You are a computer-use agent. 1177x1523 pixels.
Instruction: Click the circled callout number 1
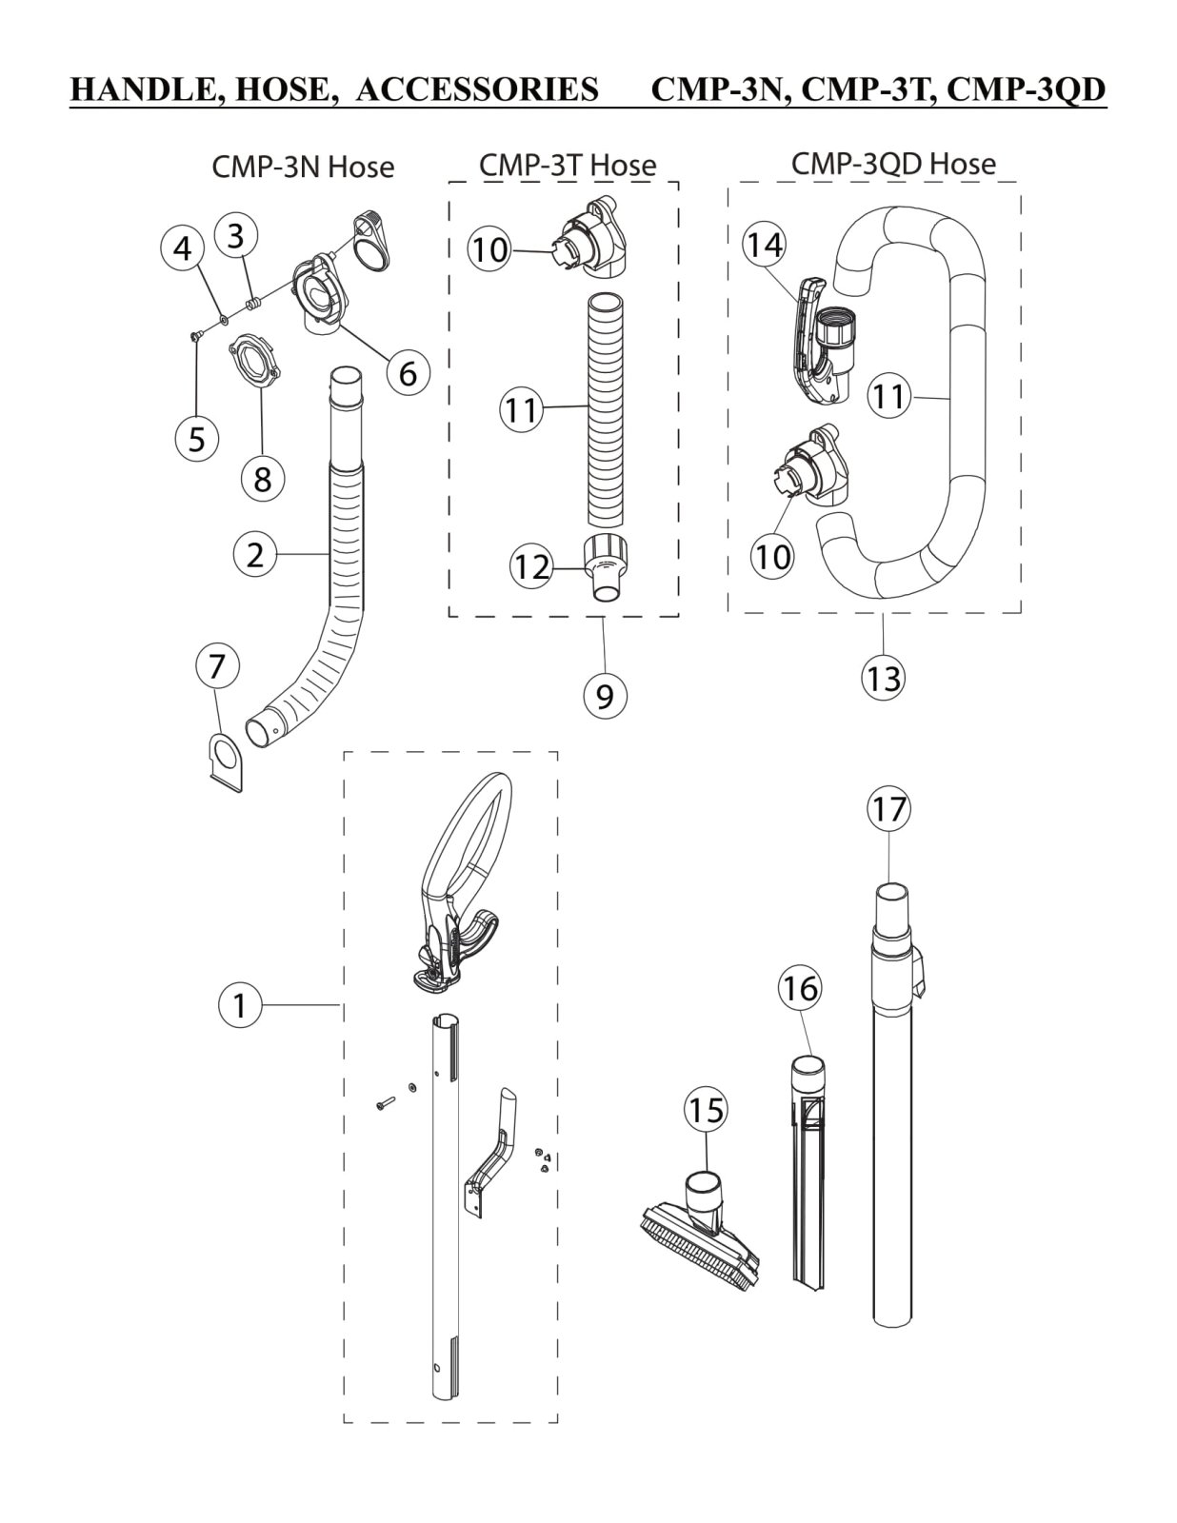click(240, 1005)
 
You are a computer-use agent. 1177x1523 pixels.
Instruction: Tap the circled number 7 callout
click(216, 666)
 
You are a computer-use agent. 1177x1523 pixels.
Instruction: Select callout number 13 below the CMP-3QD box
click(884, 678)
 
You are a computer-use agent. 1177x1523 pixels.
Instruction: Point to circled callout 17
click(888, 809)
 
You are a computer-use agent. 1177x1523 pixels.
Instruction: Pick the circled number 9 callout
click(605, 695)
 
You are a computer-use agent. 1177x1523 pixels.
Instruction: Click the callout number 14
click(764, 245)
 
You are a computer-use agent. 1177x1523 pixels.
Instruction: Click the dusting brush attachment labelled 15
click(701, 1232)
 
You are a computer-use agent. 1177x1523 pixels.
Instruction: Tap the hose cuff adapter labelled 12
click(605, 567)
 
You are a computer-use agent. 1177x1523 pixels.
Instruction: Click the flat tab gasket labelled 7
click(226, 761)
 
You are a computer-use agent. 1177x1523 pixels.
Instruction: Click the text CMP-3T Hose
click(568, 166)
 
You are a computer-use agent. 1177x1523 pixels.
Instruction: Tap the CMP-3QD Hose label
click(893, 164)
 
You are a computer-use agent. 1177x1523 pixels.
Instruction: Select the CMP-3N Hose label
click(303, 168)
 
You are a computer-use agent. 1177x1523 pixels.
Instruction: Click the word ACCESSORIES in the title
click(477, 90)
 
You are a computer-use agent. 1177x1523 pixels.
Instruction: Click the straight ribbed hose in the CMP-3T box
click(605, 409)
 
